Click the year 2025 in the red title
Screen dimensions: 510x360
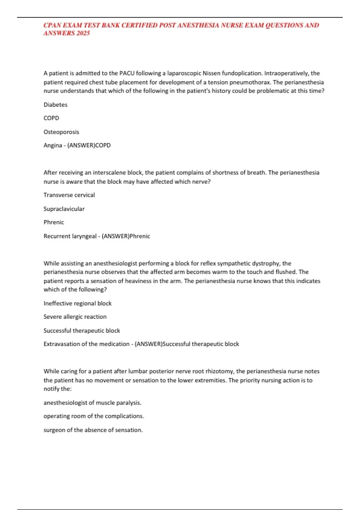tap(83, 33)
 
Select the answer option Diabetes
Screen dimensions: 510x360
tap(55, 105)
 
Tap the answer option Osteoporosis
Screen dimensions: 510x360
tap(61, 132)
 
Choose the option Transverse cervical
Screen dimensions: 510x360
tap(69, 195)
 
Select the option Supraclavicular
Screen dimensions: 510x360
tap(64, 209)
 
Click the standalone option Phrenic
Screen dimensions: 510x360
tap(54, 222)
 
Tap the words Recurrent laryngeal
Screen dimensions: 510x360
tap(70, 236)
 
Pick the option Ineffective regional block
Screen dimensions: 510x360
tap(77, 303)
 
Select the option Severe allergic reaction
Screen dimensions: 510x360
tap(75, 317)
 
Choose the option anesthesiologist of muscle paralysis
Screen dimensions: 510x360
tap(92, 403)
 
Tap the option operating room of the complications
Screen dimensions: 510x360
tap(94, 416)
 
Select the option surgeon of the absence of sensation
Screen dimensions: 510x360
tap(93, 430)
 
